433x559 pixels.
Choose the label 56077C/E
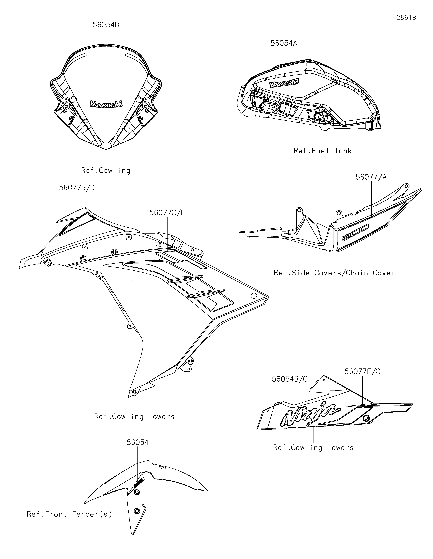pos(167,213)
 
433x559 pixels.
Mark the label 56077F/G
pos(362,371)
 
